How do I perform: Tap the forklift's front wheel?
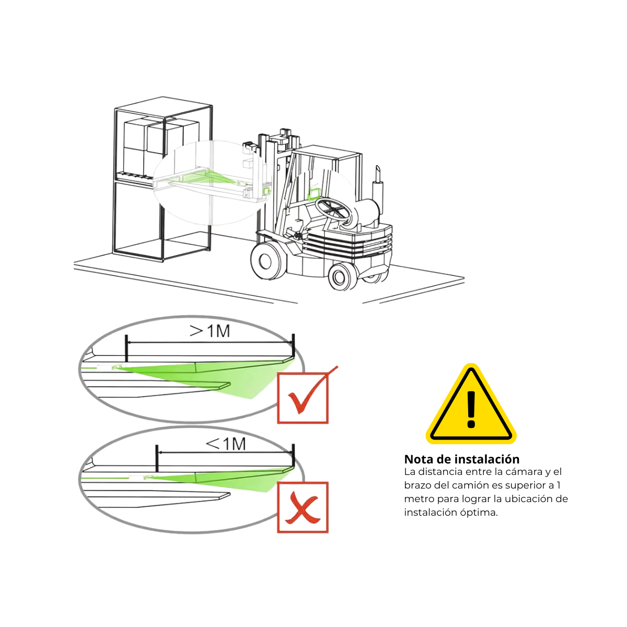pos(266,260)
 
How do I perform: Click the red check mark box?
pos(303,398)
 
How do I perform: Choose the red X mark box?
pos(303,507)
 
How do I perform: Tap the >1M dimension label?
pos(210,331)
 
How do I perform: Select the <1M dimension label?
pos(226,444)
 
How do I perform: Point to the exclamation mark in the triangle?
pos(471,409)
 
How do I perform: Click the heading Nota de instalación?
pos(462,459)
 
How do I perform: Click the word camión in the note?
pos(470,485)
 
